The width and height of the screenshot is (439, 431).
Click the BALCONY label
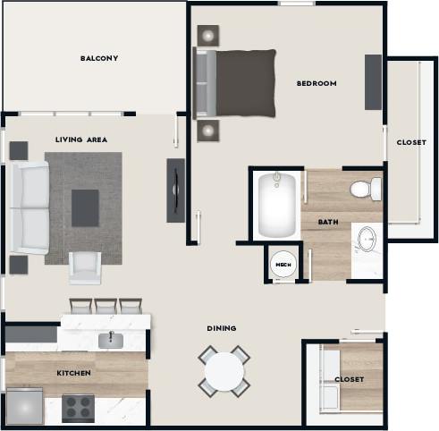(99, 59)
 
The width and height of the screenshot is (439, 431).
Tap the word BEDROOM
(317, 84)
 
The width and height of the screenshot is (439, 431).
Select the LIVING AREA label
(81, 139)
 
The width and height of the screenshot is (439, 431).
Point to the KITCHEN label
(76, 373)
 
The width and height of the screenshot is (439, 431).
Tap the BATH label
(327, 222)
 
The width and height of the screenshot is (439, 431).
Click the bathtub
(276, 205)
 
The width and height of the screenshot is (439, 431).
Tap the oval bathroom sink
(366, 241)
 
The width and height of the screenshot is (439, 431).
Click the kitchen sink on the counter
(112, 339)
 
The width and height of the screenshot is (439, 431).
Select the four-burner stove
(78, 409)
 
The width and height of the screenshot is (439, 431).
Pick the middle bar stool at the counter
(106, 306)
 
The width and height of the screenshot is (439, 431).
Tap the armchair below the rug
(85, 266)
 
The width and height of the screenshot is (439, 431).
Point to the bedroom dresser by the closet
(373, 82)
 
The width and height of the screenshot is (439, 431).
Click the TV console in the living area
(176, 190)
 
